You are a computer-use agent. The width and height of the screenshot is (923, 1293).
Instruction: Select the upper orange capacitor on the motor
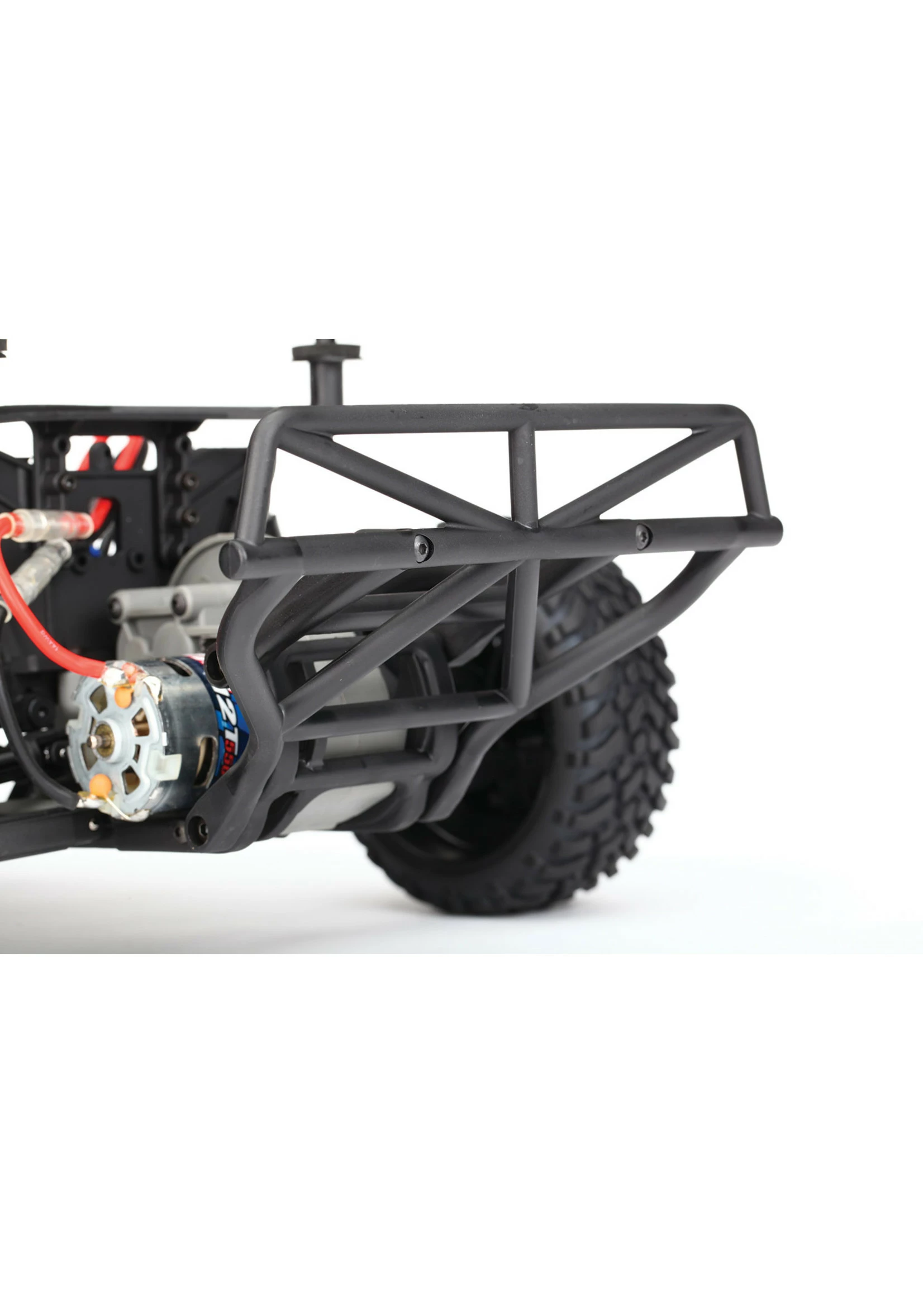tap(123, 696)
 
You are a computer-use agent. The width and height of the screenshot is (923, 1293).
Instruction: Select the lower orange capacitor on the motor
tap(100, 785)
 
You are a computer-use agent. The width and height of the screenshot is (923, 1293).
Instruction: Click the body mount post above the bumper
tap(326, 370)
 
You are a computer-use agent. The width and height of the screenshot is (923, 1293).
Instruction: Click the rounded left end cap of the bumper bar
tap(230, 560)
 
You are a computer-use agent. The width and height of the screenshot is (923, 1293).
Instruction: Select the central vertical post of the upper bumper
tap(524, 472)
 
